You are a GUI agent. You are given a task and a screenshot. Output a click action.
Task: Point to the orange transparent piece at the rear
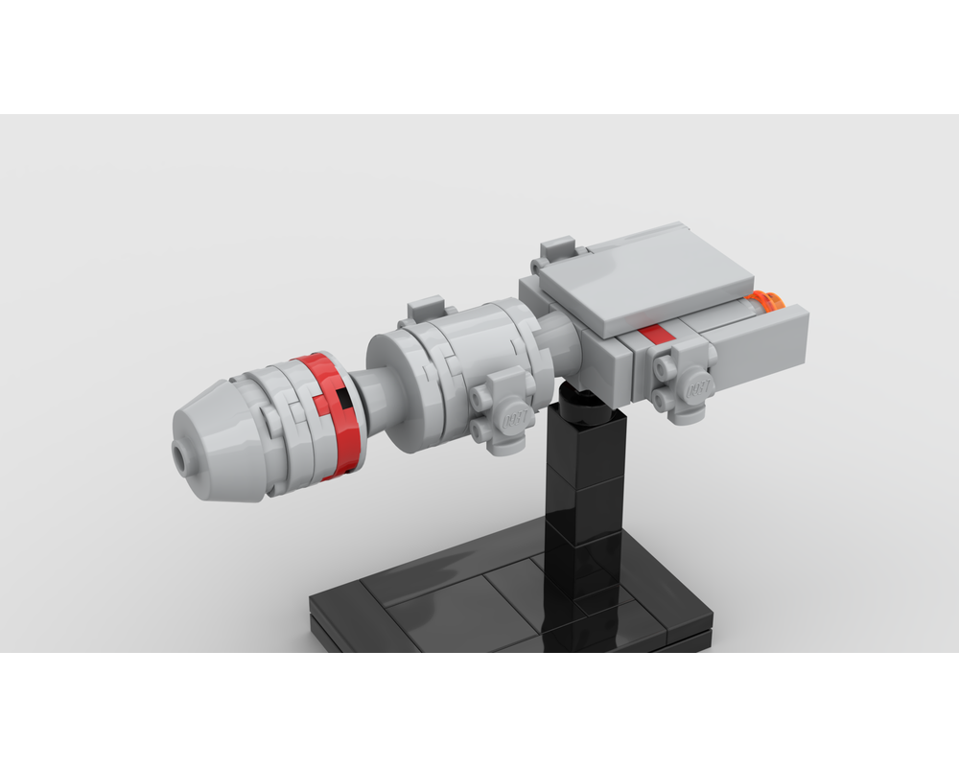pos(767,302)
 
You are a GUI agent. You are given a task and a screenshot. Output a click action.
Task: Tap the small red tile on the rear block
pos(654,334)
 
